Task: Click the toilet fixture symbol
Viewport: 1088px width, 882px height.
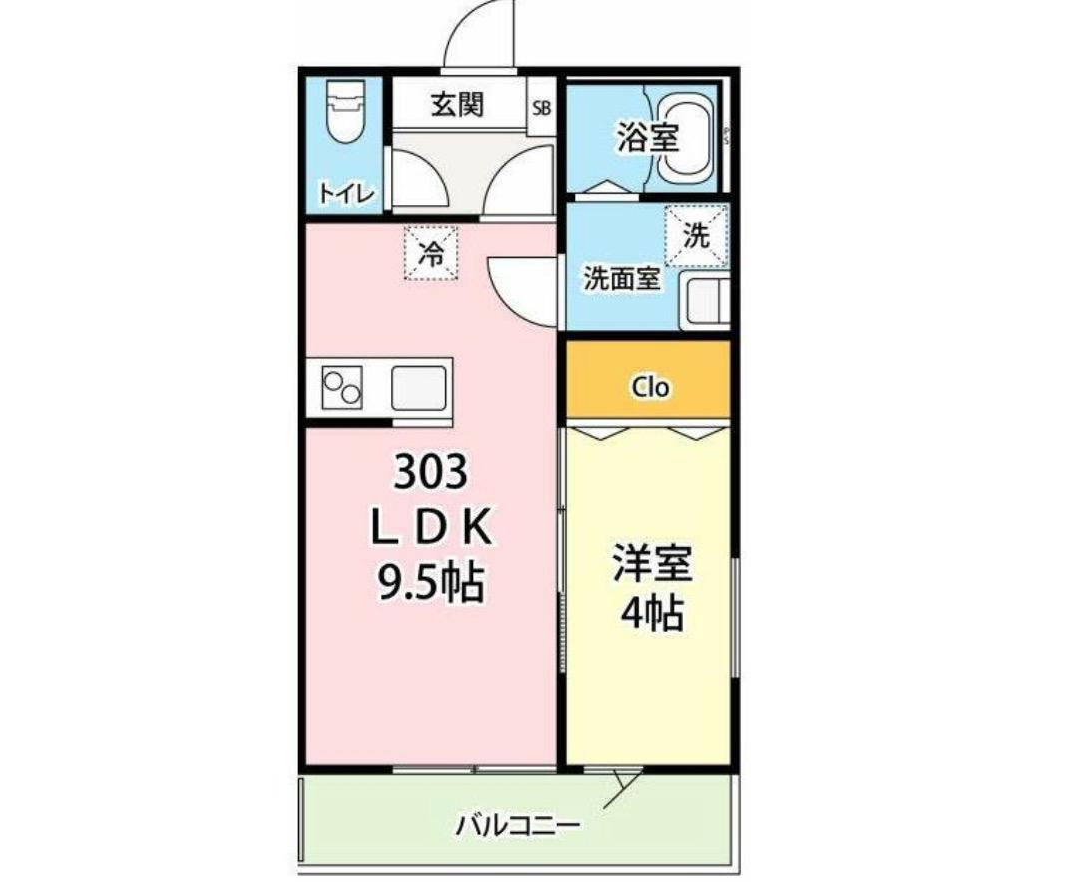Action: (344, 111)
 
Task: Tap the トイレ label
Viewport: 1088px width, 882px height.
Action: (346, 194)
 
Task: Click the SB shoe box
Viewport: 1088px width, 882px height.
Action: (541, 108)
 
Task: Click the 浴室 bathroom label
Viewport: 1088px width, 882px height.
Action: (648, 138)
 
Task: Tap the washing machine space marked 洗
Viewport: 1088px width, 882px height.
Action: (696, 235)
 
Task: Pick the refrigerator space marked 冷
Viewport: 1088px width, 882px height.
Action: (431, 253)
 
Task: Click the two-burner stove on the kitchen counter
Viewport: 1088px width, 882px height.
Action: (342, 388)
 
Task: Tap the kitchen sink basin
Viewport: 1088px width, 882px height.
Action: (419, 388)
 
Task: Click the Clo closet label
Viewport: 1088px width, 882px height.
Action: (650, 387)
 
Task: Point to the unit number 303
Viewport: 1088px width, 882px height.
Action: (431, 474)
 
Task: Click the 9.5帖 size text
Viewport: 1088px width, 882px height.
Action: (430, 583)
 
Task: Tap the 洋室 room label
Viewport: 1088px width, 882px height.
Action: (652, 563)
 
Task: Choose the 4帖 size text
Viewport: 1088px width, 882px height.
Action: (652, 613)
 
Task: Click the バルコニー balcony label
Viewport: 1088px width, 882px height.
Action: (518, 826)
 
